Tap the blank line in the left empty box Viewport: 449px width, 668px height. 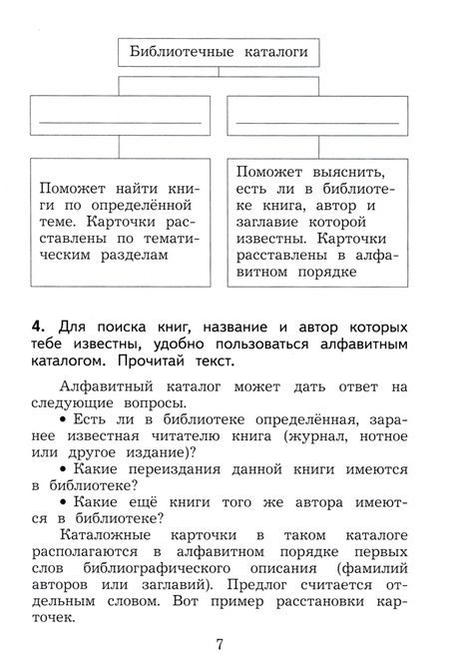tap(120, 121)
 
